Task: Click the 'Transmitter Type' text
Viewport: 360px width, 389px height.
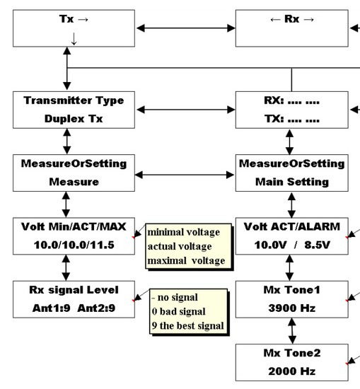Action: click(x=74, y=100)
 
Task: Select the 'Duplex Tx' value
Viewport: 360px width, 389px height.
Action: click(x=74, y=119)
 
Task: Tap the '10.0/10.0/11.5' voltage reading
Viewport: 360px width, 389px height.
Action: click(x=74, y=245)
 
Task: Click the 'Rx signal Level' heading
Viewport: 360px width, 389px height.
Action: click(x=74, y=290)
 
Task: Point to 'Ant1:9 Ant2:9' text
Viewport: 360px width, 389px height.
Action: click(x=74, y=308)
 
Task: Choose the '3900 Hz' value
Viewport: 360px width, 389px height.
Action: click(x=292, y=308)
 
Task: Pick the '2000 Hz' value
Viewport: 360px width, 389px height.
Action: click(x=292, y=371)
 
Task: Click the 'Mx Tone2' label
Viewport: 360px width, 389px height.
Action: click(x=292, y=353)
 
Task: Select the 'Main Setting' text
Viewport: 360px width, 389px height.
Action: click(x=292, y=182)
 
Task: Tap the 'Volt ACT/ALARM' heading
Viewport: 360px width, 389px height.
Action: click(x=292, y=227)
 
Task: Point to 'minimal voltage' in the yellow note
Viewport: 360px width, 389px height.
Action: click(x=184, y=233)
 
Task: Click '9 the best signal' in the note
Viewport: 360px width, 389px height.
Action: click(x=188, y=325)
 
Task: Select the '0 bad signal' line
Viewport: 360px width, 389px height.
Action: click(x=179, y=311)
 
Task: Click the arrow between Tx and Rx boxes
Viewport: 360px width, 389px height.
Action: click(x=185, y=28)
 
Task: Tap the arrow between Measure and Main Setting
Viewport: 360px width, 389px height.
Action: click(x=185, y=175)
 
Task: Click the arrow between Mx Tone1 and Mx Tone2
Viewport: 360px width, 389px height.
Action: click(x=292, y=331)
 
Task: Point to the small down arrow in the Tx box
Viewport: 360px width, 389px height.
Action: click(x=74, y=39)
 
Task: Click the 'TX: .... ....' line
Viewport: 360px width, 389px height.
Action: click(x=292, y=119)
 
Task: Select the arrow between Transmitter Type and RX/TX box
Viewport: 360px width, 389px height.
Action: click(x=185, y=110)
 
